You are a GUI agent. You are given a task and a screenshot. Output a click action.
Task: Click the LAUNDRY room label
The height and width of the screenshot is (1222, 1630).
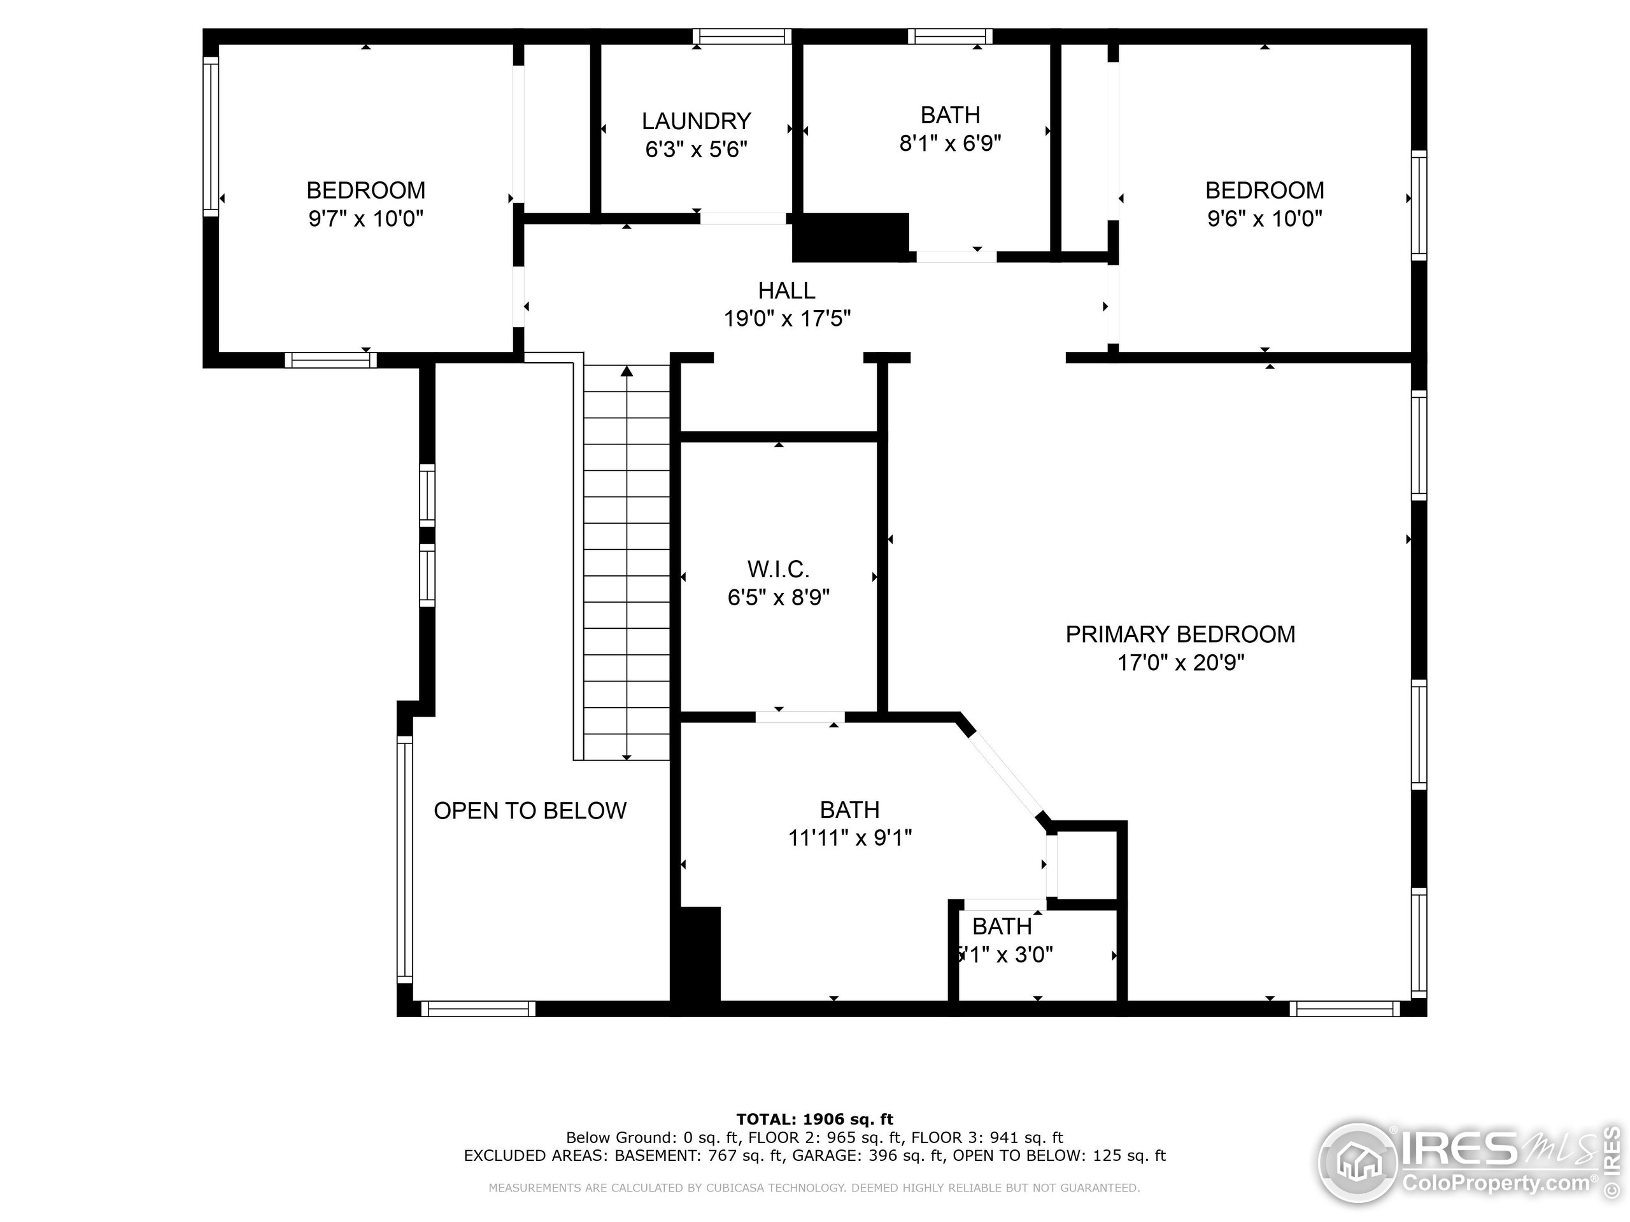pos(696,121)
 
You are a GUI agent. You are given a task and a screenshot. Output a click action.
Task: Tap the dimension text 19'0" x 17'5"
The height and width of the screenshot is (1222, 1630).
pos(786,319)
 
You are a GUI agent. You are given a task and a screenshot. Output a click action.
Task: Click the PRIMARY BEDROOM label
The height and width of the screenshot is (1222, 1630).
pos(1180,634)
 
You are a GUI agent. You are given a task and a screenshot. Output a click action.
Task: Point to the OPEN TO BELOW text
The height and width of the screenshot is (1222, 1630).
pos(530,811)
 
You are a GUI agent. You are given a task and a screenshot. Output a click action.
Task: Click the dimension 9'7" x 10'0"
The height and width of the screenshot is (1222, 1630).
pos(365,219)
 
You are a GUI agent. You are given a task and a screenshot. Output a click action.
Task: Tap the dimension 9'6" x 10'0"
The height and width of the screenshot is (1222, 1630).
pos(1265,219)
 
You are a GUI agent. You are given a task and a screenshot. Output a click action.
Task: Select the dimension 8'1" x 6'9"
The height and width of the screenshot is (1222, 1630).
pos(950,143)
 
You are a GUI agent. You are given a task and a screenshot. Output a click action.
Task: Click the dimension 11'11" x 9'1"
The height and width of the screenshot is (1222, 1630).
pos(849,838)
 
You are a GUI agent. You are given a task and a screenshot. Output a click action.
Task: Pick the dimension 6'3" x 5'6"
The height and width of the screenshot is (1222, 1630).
pos(696,150)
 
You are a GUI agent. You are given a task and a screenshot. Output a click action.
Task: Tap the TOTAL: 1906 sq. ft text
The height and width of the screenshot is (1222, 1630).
pos(814,1120)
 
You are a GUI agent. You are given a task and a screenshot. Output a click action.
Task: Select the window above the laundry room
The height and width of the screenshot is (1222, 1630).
pos(741,36)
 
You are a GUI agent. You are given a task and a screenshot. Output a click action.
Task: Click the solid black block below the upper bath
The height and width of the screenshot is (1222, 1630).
pos(851,237)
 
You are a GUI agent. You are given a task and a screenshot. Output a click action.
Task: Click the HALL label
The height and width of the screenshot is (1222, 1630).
pos(786,290)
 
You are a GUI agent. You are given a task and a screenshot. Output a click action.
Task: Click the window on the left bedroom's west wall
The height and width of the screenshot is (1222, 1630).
pos(211,136)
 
